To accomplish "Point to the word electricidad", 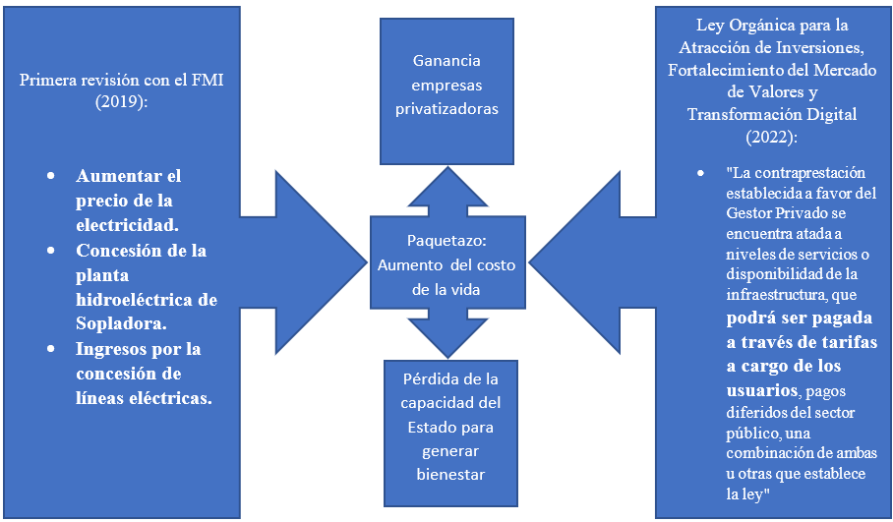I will click(128, 225).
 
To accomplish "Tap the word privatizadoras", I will click(446, 108).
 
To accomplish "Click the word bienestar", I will click(446, 476).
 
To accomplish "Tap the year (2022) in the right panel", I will click(772, 136).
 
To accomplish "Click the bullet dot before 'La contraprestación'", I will click(700, 173).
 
